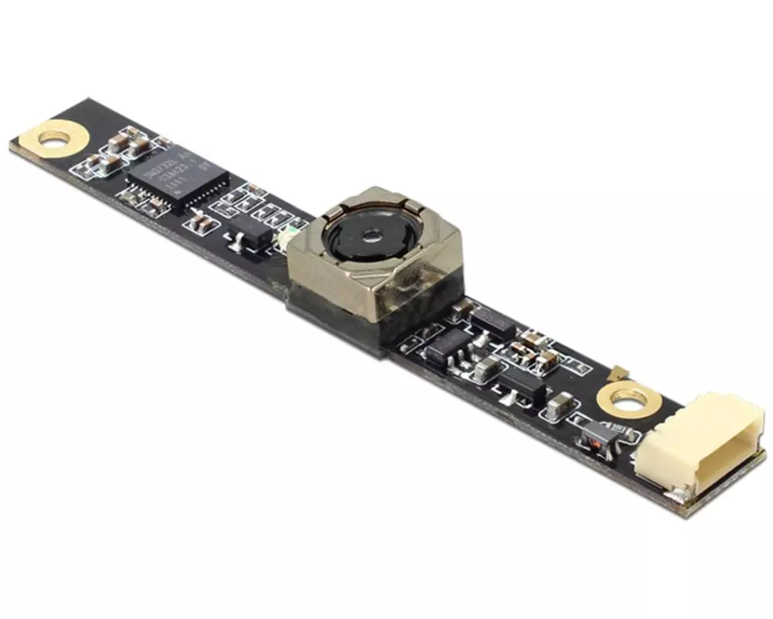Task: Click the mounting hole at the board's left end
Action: click(x=54, y=140)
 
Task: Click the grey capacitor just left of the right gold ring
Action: click(x=560, y=403)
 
